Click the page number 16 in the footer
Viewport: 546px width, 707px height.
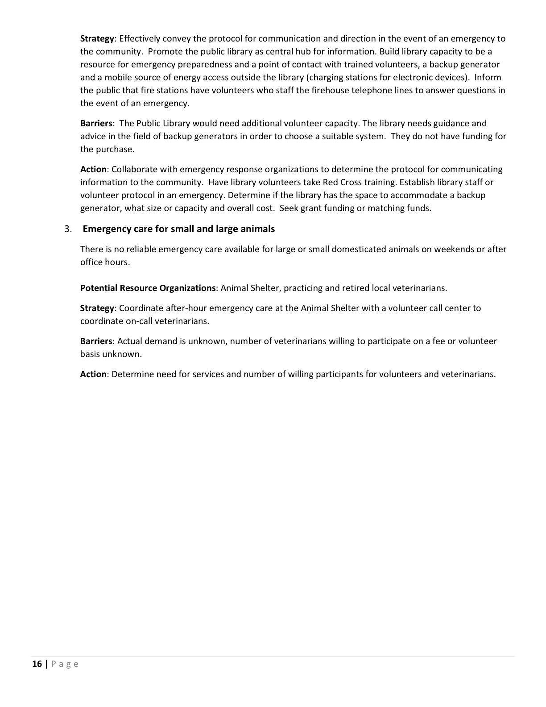tap(37, 664)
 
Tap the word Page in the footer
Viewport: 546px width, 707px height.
tap(65, 664)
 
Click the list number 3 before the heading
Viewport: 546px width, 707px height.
tap(67, 229)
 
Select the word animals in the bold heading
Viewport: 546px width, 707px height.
tap(258, 229)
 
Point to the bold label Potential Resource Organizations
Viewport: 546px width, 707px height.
tap(148, 288)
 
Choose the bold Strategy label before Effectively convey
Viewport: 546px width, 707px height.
tap(97, 38)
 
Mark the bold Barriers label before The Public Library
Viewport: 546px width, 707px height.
tap(96, 123)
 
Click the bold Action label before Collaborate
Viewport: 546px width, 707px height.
tap(93, 169)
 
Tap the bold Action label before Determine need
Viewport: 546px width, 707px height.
tap(93, 374)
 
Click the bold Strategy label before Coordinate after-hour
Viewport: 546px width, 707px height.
tap(97, 308)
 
